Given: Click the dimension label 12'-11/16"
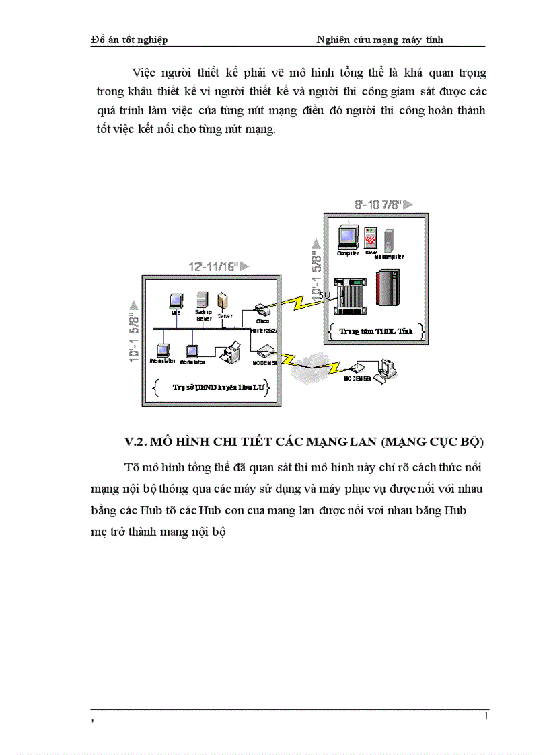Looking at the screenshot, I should coord(213,267).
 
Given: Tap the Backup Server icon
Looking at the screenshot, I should coord(201,300).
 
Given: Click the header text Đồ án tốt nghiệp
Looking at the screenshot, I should coord(129,40).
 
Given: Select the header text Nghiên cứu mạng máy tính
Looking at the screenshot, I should coord(379,40).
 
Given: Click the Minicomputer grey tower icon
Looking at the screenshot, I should coord(388,240).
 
